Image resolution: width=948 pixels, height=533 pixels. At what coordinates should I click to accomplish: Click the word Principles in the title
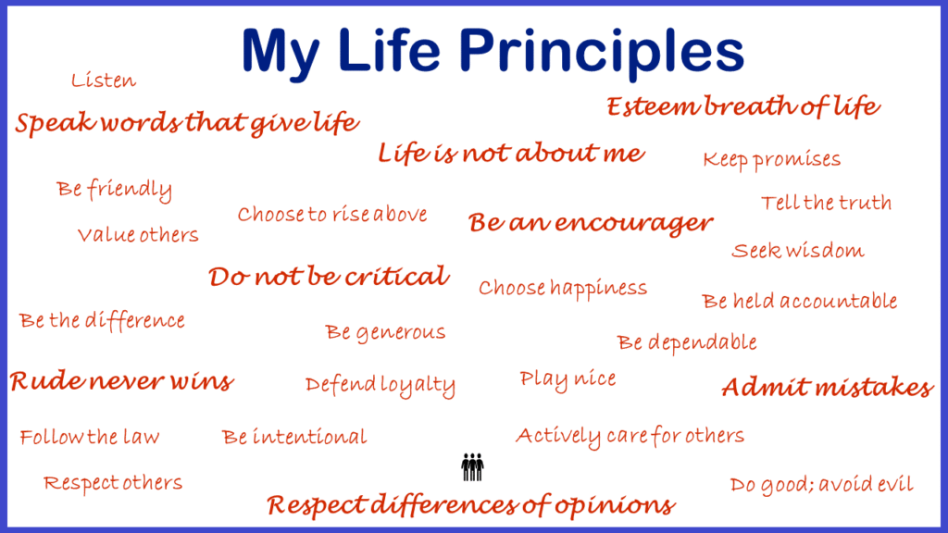pyautogui.click(x=602, y=53)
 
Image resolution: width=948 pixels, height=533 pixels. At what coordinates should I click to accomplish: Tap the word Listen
pyautogui.click(x=104, y=80)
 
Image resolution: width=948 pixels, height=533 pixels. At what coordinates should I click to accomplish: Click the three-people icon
pyautogui.click(x=472, y=467)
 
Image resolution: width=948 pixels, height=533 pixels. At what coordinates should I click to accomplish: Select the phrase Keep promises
pyautogui.click(x=771, y=159)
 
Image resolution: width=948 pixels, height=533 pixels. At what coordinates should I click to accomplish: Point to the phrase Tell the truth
pyautogui.click(x=826, y=203)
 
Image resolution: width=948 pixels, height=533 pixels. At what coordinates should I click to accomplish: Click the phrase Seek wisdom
pyautogui.click(x=797, y=250)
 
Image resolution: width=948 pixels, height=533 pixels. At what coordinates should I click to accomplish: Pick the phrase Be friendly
pyautogui.click(x=114, y=190)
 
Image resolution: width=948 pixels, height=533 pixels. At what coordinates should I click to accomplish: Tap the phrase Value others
pyautogui.click(x=138, y=234)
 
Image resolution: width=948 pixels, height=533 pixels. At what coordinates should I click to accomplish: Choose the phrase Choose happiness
pyautogui.click(x=563, y=289)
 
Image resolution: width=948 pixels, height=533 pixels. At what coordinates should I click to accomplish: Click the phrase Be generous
pyautogui.click(x=385, y=332)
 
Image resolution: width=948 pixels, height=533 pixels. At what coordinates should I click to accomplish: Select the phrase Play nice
pyautogui.click(x=568, y=379)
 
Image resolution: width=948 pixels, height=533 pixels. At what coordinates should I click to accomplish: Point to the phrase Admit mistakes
pyautogui.click(x=828, y=387)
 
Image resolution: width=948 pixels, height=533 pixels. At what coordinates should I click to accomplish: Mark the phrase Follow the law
pyautogui.click(x=90, y=437)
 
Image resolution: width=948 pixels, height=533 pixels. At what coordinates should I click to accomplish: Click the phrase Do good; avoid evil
pyautogui.click(x=822, y=484)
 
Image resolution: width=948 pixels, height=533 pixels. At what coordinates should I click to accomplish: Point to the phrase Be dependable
pyautogui.click(x=687, y=342)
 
